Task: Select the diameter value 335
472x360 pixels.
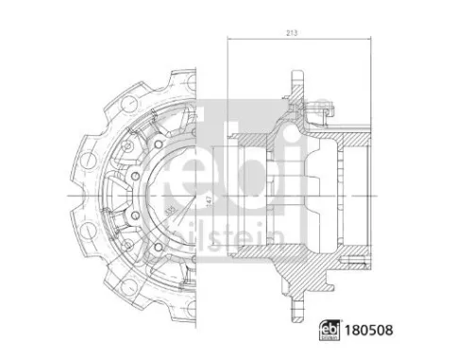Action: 171,205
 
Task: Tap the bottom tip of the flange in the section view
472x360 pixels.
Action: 298,311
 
